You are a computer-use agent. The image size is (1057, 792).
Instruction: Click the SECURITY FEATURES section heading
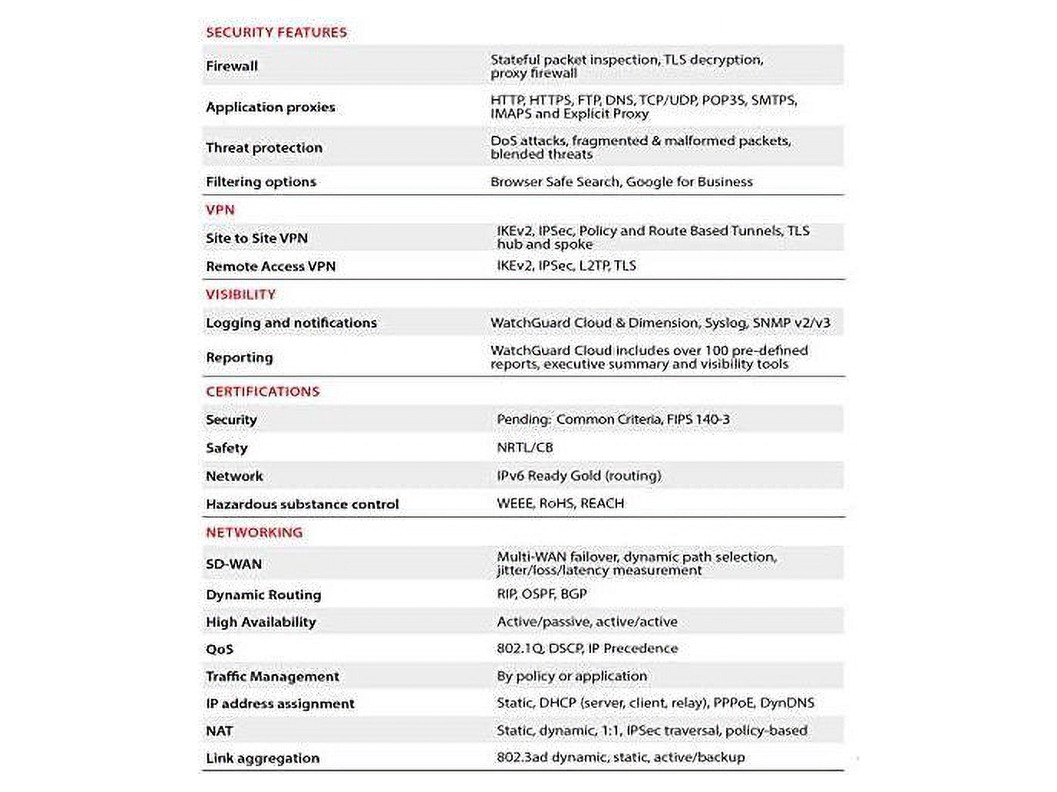click(276, 33)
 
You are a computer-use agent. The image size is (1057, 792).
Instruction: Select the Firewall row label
click(232, 66)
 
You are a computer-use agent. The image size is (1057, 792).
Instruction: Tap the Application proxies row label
click(270, 107)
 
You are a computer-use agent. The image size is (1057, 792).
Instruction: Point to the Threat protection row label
click(264, 148)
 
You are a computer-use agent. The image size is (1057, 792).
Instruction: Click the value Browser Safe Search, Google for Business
click(621, 182)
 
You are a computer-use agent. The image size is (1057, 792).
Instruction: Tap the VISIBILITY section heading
click(240, 294)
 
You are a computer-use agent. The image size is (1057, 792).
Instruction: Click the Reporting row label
click(239, 358)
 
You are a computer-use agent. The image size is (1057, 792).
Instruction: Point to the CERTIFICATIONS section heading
click(262, 391)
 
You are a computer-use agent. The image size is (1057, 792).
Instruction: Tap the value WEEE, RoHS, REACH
click(560, 503)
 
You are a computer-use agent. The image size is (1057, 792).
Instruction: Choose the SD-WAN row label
click(234, 564)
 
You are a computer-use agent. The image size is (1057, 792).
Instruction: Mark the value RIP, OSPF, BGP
click(541, 594)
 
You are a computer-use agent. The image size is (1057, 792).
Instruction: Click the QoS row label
click(219, 649)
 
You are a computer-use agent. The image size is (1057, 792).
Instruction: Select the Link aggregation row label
click(262, 758)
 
